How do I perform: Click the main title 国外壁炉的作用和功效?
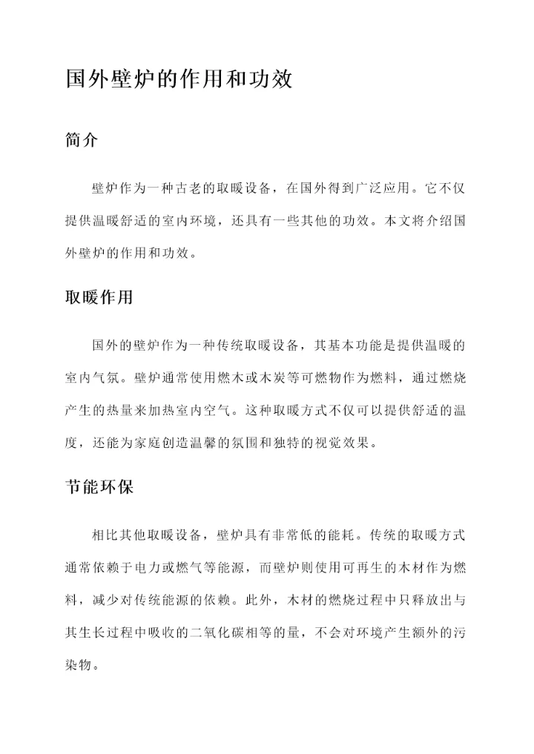pos(178,79)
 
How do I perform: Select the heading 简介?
pos(82,141)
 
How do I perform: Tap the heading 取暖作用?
pos(99,298)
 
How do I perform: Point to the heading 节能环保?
pos(99,489)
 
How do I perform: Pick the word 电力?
pos(158,567)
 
